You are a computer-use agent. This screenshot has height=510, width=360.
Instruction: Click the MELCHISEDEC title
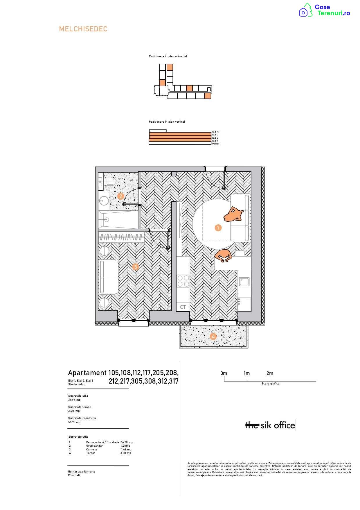[x=83, y=29]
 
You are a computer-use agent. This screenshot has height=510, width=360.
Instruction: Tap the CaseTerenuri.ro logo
[x=325, y=10]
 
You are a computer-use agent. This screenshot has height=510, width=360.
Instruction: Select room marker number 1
[x=218, y=228]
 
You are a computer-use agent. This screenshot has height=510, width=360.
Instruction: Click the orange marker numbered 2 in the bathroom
[x=121, y=196]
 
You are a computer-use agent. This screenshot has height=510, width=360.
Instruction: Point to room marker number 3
[x=136, y=267]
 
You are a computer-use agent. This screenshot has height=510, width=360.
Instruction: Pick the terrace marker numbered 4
[x=213, y=337]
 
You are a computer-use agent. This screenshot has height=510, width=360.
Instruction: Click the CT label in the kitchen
[x=183, y=307]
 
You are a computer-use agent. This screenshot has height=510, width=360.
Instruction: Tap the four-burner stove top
[x=183, y=281]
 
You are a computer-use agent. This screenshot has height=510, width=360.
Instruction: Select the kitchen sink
[x=244, y=282]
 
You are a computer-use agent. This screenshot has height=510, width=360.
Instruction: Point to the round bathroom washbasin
[x=103, y=200]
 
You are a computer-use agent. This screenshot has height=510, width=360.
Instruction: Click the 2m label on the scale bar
[x=270, y=373]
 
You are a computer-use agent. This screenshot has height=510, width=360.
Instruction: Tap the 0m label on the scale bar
[x=224, y=373]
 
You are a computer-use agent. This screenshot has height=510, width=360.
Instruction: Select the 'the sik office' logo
[x=271, y=425]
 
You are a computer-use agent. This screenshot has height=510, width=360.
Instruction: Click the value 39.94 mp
[x=74, y=400]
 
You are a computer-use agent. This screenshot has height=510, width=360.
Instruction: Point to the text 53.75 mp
[x=74, y=422]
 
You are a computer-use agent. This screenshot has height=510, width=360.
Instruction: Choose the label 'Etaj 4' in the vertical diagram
[x=215, y=132]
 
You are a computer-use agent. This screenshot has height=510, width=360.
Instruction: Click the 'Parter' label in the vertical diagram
[x=216, y=144]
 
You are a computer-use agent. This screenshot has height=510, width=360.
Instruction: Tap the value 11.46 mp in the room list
[x=126, y=450]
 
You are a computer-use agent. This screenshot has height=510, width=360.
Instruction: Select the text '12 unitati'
[x=74, y=475]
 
